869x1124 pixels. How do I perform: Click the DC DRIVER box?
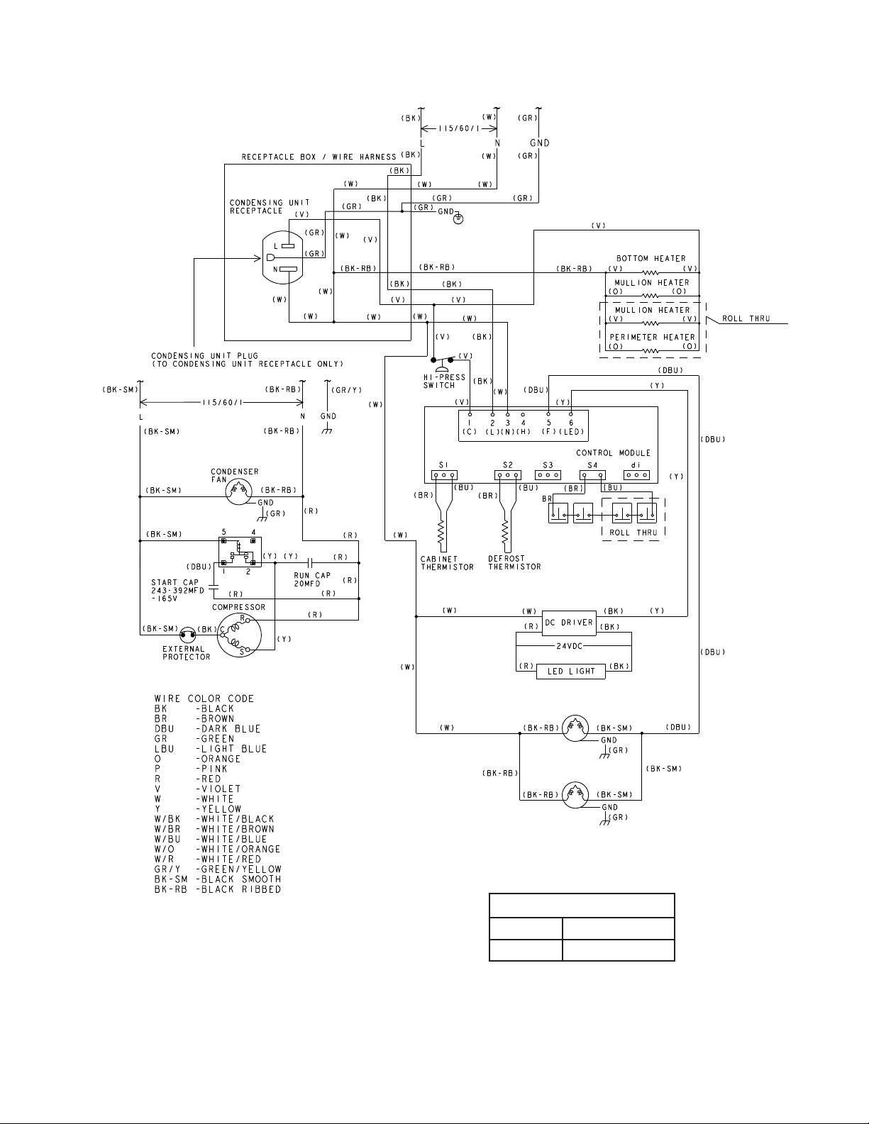coord(570,622)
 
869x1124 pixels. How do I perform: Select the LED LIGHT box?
coord(571,672)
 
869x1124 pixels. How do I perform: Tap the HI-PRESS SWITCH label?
coord(444,382)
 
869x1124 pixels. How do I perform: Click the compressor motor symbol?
coord(239,635)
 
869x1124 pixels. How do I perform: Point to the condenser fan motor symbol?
coord(238,491)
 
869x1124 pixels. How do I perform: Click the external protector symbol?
coord(187,633)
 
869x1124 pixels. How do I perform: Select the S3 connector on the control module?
coord(548,475)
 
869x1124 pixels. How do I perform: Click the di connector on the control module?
coord(636,475)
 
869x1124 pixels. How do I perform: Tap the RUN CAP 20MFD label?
coord(312,579)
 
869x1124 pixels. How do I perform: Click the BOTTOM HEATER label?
coord(651,258)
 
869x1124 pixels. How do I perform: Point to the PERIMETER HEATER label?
coord(652,337)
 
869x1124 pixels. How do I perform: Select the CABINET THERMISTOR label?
coord(447,563)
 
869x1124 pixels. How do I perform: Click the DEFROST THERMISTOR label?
coord(514,563)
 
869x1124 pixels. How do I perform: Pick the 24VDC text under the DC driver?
coord(570,646)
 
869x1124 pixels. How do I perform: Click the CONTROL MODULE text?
coord(613,452)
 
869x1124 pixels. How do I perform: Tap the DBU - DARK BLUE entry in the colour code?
coord(207,729)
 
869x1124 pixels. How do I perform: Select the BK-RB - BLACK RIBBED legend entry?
coord(218,889)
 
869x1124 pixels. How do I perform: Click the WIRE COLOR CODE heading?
coord(204,699)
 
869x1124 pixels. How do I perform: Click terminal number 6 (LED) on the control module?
coord(571,423)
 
